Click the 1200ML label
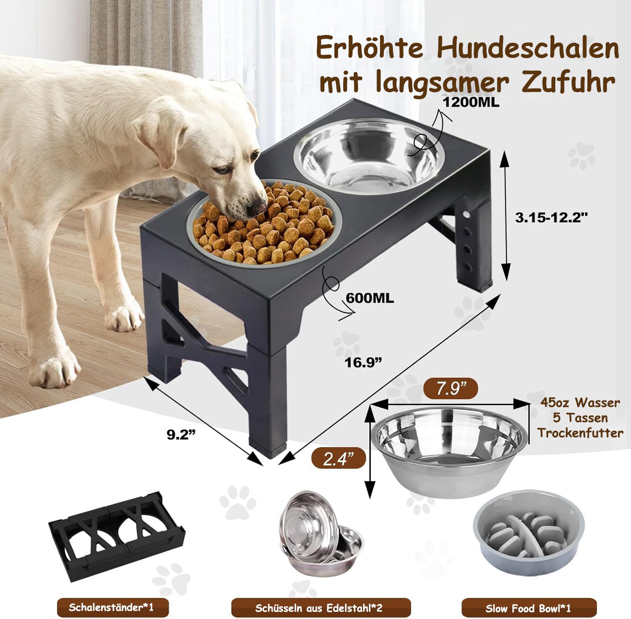(x=472, y=102)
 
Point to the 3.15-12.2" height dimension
(x=551, y=217)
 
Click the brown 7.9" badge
(x=450, y=388)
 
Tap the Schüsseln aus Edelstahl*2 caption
(x=321, y=608)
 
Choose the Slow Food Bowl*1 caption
(x=528, y=608)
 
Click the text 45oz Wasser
(x=580, y=403)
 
